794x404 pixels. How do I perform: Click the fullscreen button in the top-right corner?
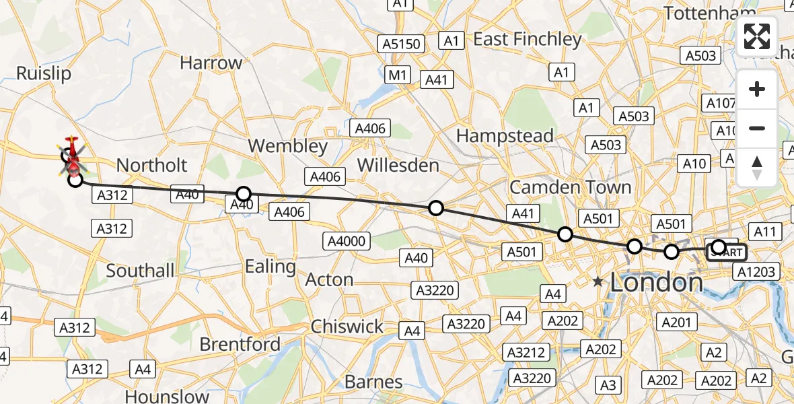(x=757, y=36)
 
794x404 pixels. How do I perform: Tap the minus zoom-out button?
(x=757, y=128)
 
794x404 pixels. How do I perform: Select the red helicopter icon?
(x=71, y=153)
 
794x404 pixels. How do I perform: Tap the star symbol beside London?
(x=598, y=283)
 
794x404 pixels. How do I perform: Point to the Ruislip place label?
(x=44, y=73)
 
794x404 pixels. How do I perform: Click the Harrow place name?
(x=211, y=63)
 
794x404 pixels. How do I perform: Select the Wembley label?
(x=287, y=146)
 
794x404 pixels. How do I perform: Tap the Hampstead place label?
(x=505, y=135)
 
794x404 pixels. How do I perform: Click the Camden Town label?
(x=570, y=187)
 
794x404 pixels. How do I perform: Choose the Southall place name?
(x=141, y=271)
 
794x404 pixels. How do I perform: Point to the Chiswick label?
(x=347, y=327)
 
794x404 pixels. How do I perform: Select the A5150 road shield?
(x=402, y=44)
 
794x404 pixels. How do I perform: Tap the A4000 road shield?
(x=346, y=241)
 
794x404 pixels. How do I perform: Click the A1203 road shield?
(x=757, y=272)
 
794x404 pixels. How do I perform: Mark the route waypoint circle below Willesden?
(x=436, y=208)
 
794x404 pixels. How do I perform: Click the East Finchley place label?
(x=527, y=40)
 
